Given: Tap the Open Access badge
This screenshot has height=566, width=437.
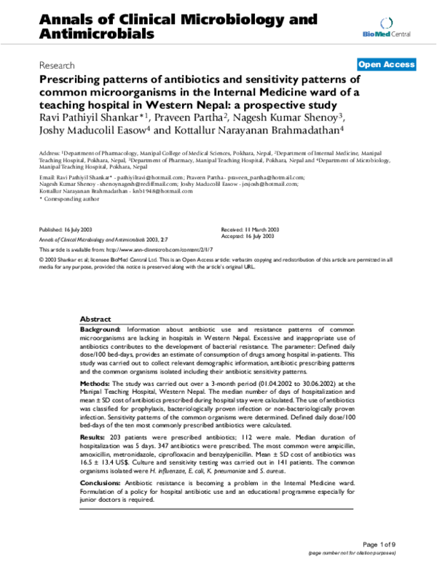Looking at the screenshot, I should [x=386, y=64].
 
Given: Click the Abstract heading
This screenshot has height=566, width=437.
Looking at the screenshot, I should [x=95, y=319].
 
